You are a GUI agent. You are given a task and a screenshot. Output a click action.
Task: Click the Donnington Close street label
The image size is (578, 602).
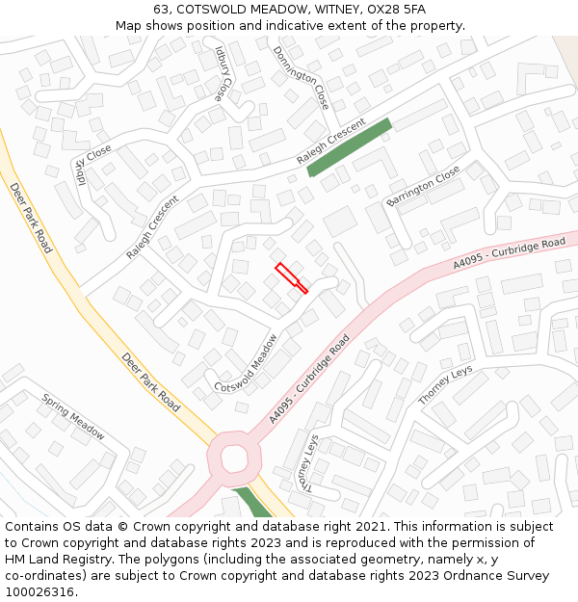coord(301,77)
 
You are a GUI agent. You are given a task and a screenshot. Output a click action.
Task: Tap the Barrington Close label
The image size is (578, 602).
coord(423,186)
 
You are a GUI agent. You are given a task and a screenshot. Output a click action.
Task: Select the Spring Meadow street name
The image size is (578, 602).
coord(73,417)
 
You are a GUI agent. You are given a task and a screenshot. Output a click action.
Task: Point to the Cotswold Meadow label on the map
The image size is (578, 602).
coord(247,363)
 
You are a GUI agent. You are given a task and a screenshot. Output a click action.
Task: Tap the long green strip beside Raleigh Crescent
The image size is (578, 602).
coord(349,147)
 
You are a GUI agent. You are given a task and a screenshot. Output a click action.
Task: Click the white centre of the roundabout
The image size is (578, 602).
coord(234,458)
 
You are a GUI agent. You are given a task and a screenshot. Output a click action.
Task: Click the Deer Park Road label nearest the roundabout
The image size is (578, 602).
coord(151,382)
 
